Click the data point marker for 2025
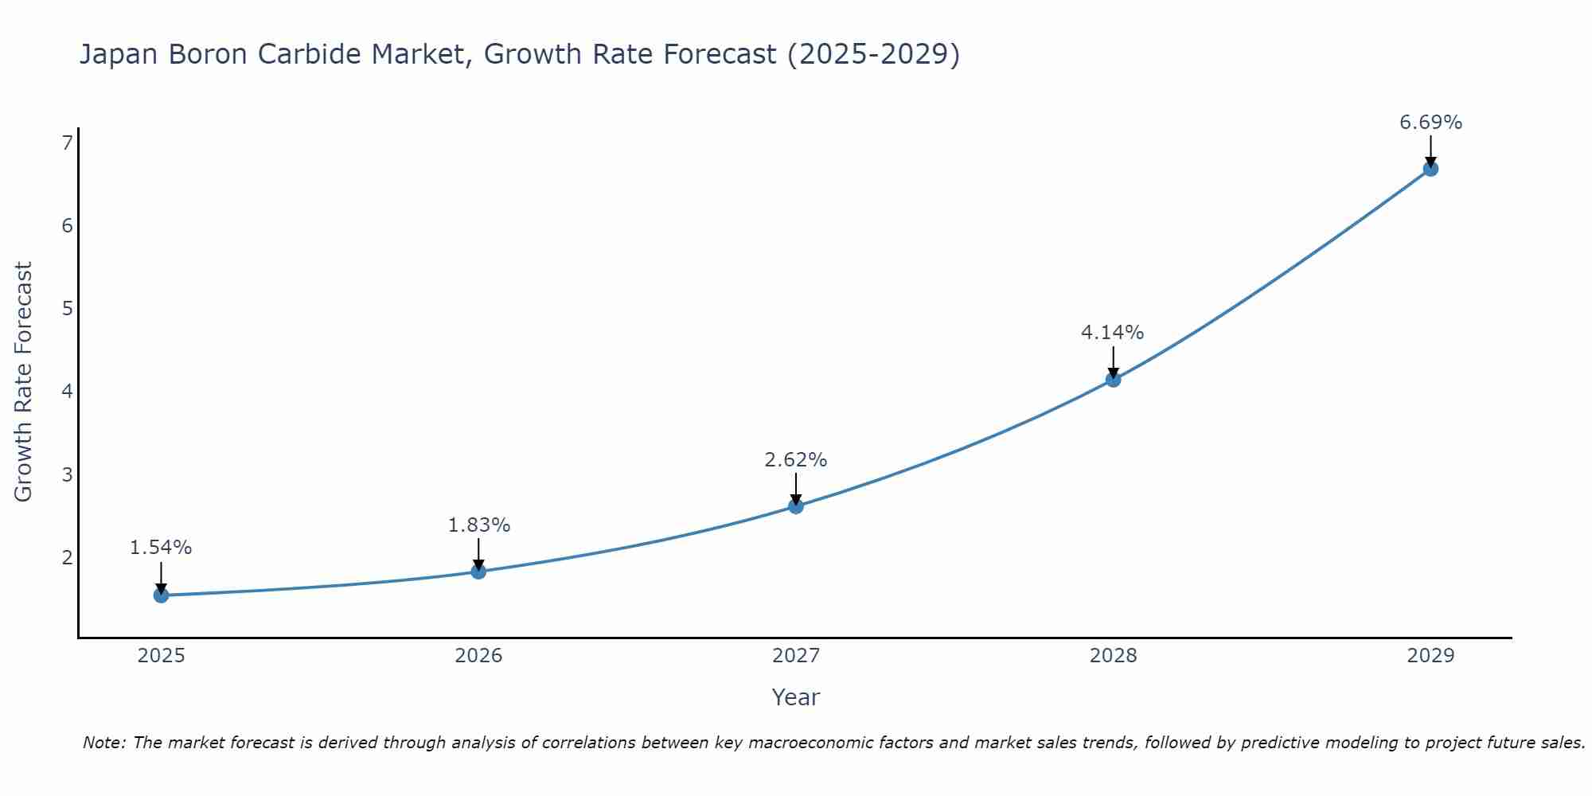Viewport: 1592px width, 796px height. tap(161, 595)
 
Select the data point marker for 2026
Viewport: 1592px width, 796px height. tap(478, 572)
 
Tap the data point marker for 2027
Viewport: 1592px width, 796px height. tap(796, 506)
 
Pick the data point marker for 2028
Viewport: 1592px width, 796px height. tap(1113, 380)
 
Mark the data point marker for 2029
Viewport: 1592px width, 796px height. tap(1430, 169)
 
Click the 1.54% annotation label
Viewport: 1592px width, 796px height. tap(161, 548)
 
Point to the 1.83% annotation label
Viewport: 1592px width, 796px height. tap(478, 525)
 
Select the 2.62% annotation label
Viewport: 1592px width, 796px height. tap(796, 460)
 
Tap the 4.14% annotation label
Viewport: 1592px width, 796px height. tap(1113, 333)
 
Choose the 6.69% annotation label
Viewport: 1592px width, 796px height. tap(1430, 123)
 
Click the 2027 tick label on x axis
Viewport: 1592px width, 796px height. tap(796, 656)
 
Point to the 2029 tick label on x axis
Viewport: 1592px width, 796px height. tap(1430, 656)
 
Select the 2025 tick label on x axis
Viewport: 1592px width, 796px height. tap(161, 656)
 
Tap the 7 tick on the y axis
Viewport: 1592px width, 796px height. tap(67, 143)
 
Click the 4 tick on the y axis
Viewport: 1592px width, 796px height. tap(67, 392)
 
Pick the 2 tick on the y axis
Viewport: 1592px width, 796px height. tap(67, 557)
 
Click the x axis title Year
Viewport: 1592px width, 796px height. tap(796, 697)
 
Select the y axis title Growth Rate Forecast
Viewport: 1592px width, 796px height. tap(24, 382)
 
